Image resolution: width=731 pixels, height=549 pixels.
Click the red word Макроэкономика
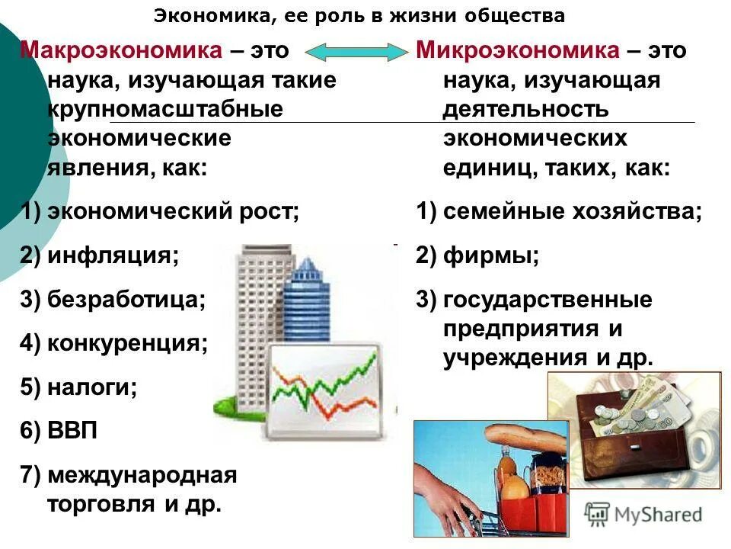121,51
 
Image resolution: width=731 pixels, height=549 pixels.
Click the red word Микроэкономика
518,51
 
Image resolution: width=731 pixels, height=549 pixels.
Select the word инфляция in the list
113,255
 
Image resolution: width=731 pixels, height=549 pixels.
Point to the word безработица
126,300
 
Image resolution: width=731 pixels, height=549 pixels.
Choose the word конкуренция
127,343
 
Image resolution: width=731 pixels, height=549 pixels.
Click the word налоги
92,387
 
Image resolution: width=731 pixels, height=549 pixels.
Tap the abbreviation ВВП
72,432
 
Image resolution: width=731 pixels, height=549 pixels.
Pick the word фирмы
491,255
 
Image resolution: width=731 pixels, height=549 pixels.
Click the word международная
142,476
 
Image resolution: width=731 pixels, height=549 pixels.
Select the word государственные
547,300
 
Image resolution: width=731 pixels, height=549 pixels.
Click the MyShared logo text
655,515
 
